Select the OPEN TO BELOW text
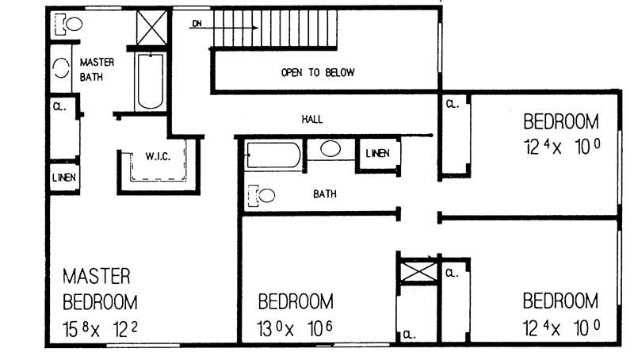point(317,73)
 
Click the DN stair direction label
point(197,24)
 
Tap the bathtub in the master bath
point(148,82)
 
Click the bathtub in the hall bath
point(273,155)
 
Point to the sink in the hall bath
point(330,149)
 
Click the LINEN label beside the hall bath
point(377,153)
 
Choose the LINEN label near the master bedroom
point(63,178)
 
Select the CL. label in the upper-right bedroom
point(452,104)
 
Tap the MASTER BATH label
point(97,69)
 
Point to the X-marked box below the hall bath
point(416,270)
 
